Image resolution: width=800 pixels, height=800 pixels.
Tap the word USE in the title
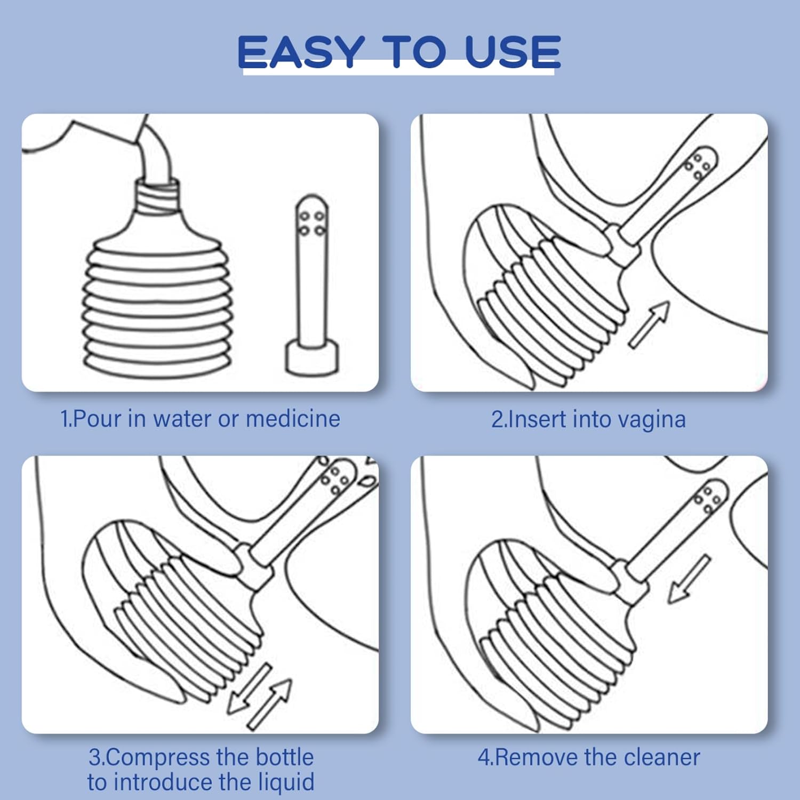point(513,52)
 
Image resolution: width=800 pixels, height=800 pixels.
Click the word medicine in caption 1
point(293,419)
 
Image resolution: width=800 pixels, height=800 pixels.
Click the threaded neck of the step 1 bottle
point(156,198)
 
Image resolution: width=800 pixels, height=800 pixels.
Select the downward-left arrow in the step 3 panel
point(249,688)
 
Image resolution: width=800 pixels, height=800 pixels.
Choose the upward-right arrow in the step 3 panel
point(270,704)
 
